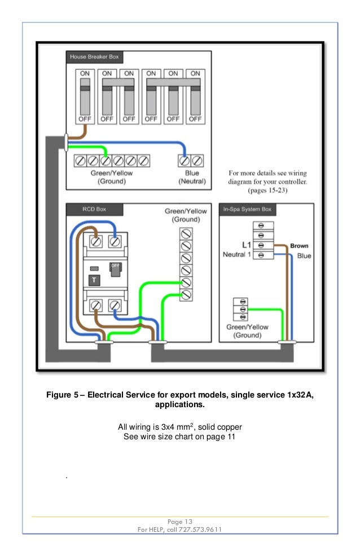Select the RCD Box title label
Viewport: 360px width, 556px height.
86,209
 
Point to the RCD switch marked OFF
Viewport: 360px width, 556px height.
115,270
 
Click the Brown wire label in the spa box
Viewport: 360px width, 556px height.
299,246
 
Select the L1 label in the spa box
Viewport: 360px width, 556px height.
246,245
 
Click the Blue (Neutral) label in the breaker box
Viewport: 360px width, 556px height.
192,178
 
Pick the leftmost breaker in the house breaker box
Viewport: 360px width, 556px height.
85,97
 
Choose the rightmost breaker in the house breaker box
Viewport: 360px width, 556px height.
195,97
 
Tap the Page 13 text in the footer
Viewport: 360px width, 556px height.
180,521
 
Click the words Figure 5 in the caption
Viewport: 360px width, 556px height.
62,395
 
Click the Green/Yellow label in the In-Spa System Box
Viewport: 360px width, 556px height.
247,327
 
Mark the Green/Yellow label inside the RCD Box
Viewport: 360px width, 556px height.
185,211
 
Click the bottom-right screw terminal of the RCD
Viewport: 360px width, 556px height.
115,305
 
